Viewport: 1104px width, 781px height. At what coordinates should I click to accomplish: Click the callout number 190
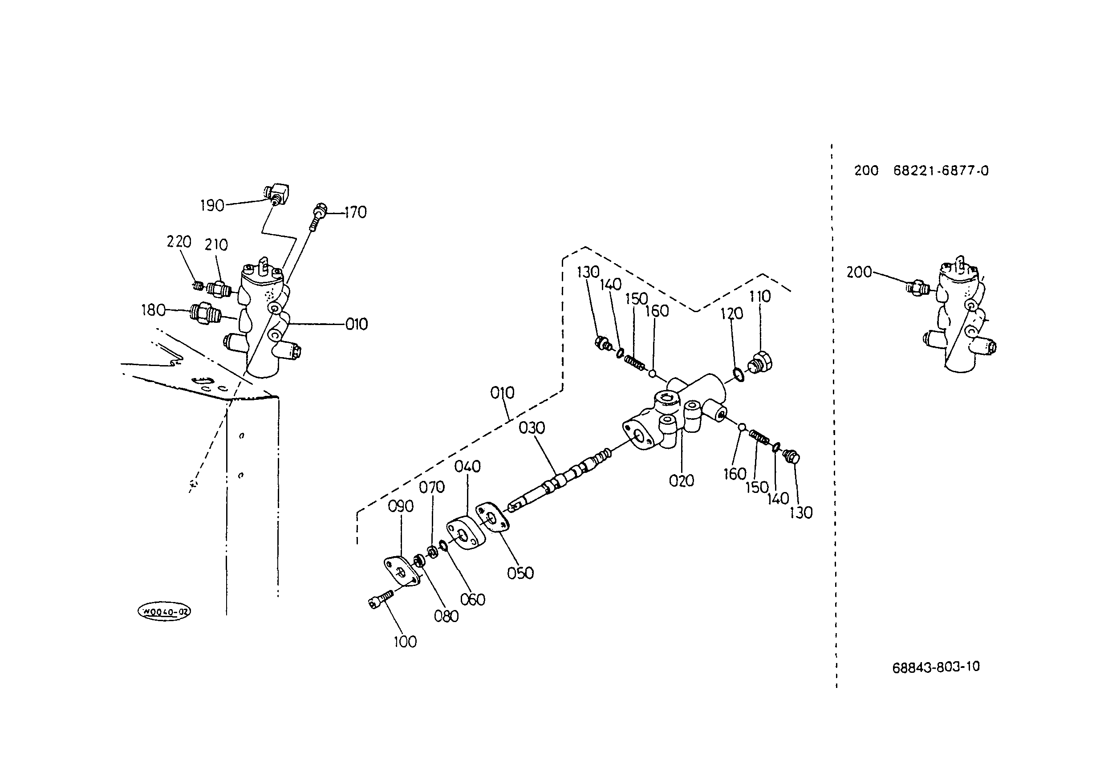pos(212,206)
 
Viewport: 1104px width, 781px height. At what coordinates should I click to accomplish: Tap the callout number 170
pos(355,212)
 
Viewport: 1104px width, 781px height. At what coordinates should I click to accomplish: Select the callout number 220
pos(179,241)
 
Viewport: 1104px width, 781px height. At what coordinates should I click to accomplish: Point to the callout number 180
pos(153,310)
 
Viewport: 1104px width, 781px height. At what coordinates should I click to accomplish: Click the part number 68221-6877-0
pos(941,171)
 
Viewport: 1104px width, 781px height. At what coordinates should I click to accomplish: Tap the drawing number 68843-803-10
pos(936,667)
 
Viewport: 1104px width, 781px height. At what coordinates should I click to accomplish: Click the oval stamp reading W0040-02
pos(164,612)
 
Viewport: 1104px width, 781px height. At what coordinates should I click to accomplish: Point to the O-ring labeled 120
pos(739,374)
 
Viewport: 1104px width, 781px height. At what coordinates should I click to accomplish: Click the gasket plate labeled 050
pos(492,517)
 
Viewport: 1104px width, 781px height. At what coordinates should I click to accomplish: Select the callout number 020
pos(682,480)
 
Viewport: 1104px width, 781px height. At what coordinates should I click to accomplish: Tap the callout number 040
pos(467,467)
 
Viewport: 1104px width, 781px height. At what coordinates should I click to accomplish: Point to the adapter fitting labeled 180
pos(206,312)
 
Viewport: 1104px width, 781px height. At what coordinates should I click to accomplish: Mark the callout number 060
pos(473,600)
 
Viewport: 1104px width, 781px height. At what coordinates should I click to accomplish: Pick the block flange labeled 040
pos(465,533)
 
